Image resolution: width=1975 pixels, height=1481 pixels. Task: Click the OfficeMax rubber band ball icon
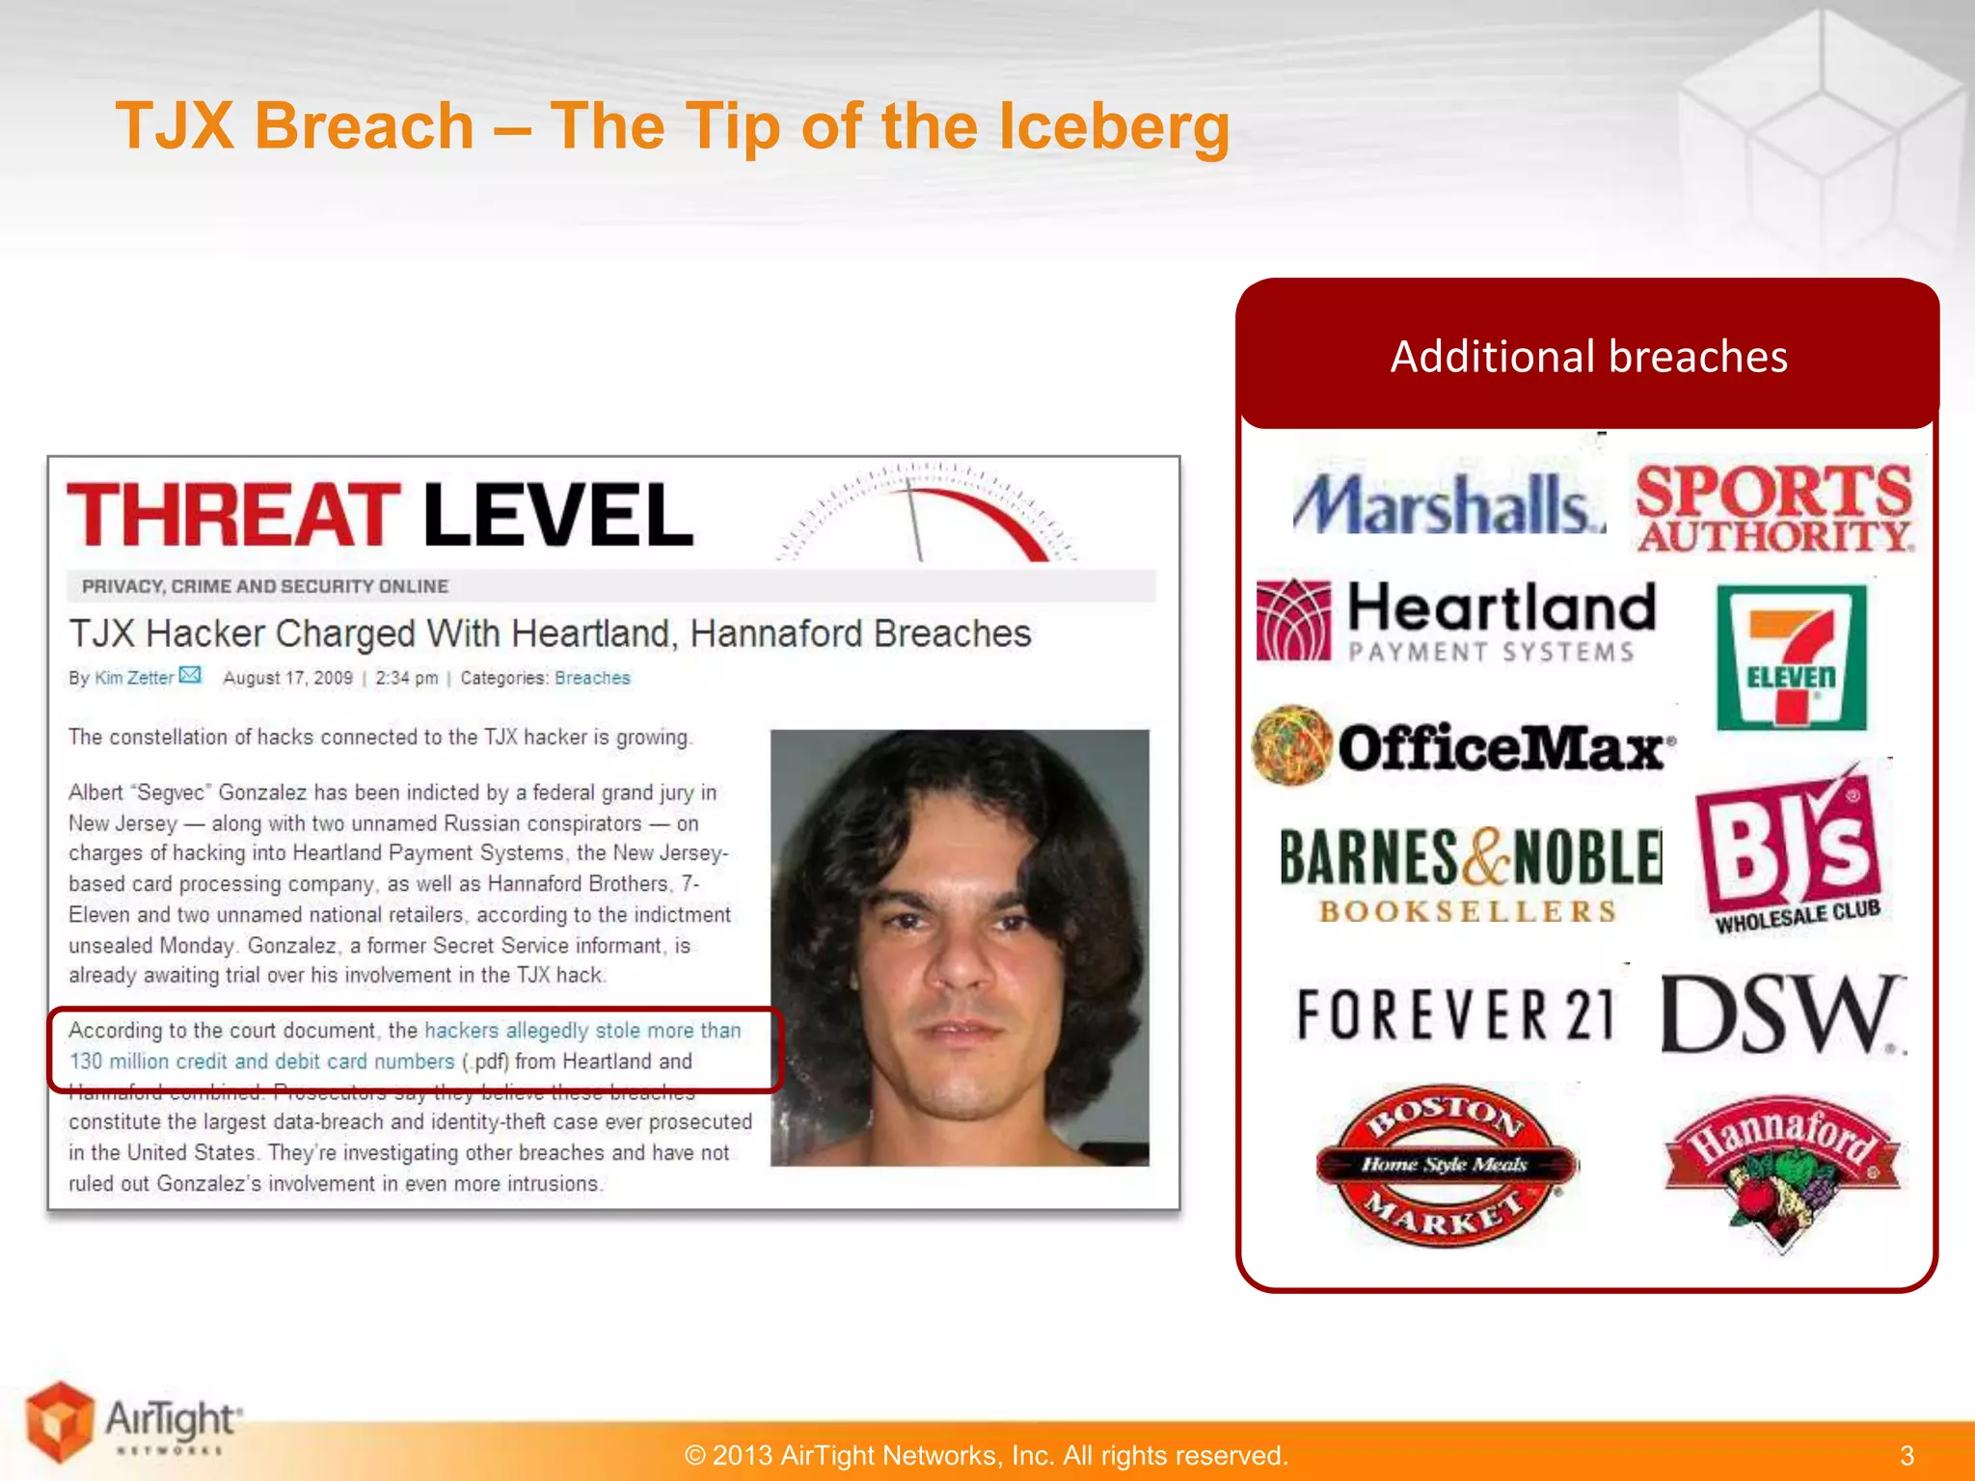(x=1292, y=745)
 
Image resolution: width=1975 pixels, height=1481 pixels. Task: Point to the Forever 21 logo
(x=1454, y=1014)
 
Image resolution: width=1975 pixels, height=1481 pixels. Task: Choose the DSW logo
(x=1780, y=1014)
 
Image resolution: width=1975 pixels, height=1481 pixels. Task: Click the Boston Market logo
(x=1447, y=1165)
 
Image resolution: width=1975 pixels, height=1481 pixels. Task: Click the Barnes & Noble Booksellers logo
(x=1470, y=874)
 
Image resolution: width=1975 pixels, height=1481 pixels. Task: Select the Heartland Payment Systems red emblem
(x=1293, y=620)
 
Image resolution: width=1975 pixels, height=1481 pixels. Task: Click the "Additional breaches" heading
(x=1588, y=357)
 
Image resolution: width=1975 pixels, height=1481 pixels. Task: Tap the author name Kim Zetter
(x=134, y=678)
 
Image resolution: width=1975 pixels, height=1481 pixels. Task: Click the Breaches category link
(x=592, y=678)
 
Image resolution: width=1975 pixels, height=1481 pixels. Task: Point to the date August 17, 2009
(x=287, y=678)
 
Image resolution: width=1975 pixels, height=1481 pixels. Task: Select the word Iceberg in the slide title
(x=1113, y=126)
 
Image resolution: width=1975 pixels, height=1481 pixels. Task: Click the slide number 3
(x=1907, y=1455)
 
